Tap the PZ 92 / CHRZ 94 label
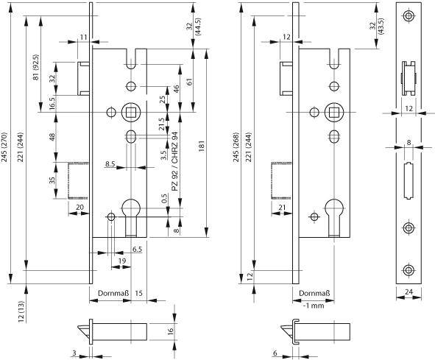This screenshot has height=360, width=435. point(175,163)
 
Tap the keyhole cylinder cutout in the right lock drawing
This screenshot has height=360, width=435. point(335,209)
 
